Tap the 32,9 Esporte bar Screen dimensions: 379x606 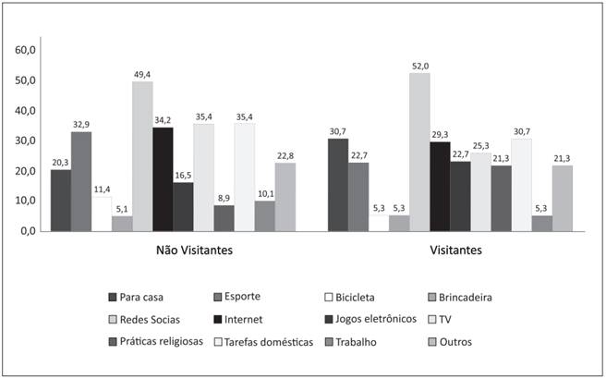pos(81,180)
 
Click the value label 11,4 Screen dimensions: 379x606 pos(102,189)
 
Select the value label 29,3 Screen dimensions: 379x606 pos(441,134)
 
